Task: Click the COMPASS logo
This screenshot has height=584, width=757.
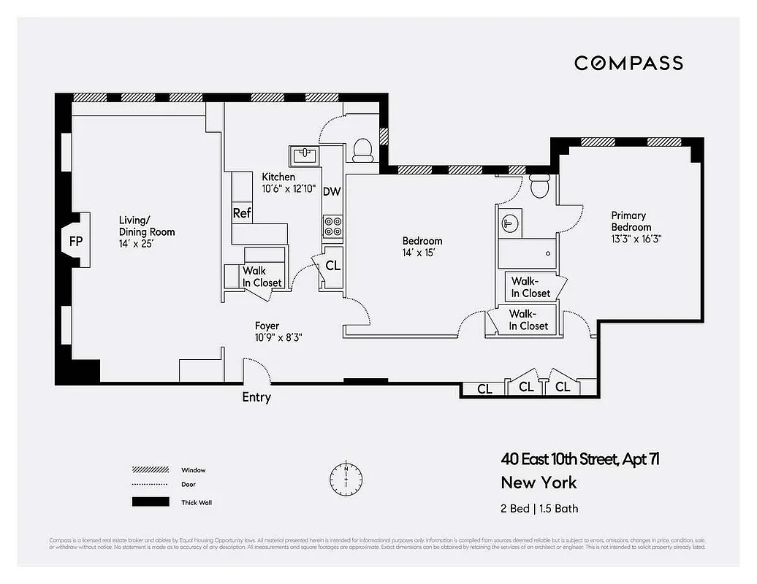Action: [x=628, y=63]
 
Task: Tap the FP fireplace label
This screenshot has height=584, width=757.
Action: [x=75, y=241]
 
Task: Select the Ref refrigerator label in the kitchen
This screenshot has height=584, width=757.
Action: [x=242, y=213]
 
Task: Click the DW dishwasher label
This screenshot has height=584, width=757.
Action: [x=332, y=191]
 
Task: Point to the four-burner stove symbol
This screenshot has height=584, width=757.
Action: [x=333, y=226]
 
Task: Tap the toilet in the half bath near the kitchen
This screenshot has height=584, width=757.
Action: [x=362, y=150]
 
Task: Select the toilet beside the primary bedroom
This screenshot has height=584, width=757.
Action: [x=540, y=186]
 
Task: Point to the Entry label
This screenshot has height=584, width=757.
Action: [x=256, y=397]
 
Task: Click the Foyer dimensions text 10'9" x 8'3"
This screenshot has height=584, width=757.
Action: [x=278, y=338]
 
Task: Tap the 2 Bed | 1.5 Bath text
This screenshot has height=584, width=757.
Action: [x=539, y=508]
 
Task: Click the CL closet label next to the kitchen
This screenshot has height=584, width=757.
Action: [x=332, y=266]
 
